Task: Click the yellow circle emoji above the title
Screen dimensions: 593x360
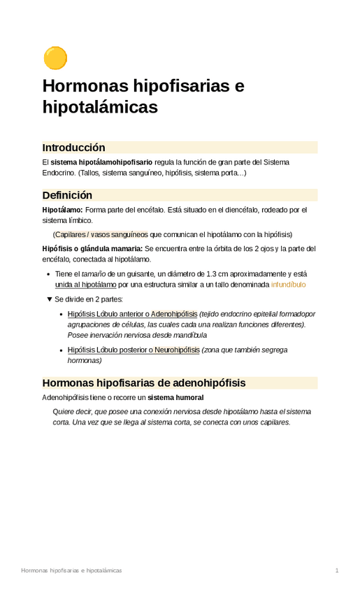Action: coord(55,58)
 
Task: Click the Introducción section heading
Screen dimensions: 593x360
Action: coord(73,148)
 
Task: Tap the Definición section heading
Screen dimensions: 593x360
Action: coord(67,195)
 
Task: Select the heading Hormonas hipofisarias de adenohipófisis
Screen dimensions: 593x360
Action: coord(143,383)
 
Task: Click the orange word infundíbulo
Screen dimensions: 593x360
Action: coord(288,285)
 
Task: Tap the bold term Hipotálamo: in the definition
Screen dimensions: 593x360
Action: coord(62,210)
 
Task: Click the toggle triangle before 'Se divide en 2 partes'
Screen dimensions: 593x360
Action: coord(49,299)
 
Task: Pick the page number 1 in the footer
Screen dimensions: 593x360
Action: coord(337,571)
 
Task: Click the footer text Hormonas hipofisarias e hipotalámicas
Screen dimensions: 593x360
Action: coord(71,571)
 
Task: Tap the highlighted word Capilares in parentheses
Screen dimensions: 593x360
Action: coord(73,234)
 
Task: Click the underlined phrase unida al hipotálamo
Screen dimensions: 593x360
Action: coord(85,285)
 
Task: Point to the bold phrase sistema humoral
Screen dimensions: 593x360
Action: coord(176,397)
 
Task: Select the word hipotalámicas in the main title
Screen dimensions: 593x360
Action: coord(100,107)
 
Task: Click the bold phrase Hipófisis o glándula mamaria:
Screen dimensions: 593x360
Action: coord(92,249)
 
